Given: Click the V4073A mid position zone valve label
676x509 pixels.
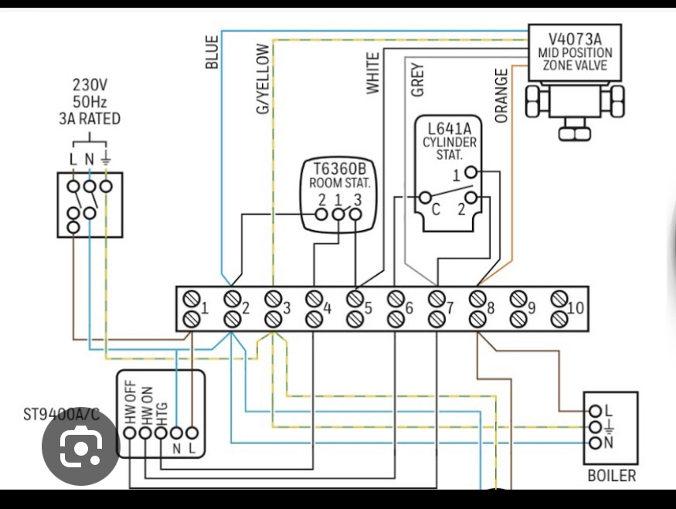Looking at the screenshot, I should tap(575, 52).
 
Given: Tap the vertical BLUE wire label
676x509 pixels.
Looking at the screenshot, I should tap(212, 52).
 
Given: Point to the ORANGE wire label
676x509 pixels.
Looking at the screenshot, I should tap(502, 96).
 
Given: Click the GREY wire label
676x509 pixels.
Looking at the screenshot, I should tap(418, 80).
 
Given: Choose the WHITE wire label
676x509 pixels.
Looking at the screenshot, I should tap(374, 73).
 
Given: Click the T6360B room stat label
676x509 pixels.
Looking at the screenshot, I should tap(340, 175).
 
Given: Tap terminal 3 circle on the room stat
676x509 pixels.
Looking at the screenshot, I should tap(355, 214).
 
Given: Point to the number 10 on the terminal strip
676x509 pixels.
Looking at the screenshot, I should tap(575, 309).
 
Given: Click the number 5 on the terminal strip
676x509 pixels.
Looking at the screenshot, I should tap(369, 309).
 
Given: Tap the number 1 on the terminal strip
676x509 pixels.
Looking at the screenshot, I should tap(205, 309).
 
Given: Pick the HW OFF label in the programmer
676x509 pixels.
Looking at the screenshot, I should tap(130, 402).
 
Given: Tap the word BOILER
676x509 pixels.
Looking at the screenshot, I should tap(612, 475).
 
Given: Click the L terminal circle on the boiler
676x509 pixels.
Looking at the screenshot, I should tap(594, 410).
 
